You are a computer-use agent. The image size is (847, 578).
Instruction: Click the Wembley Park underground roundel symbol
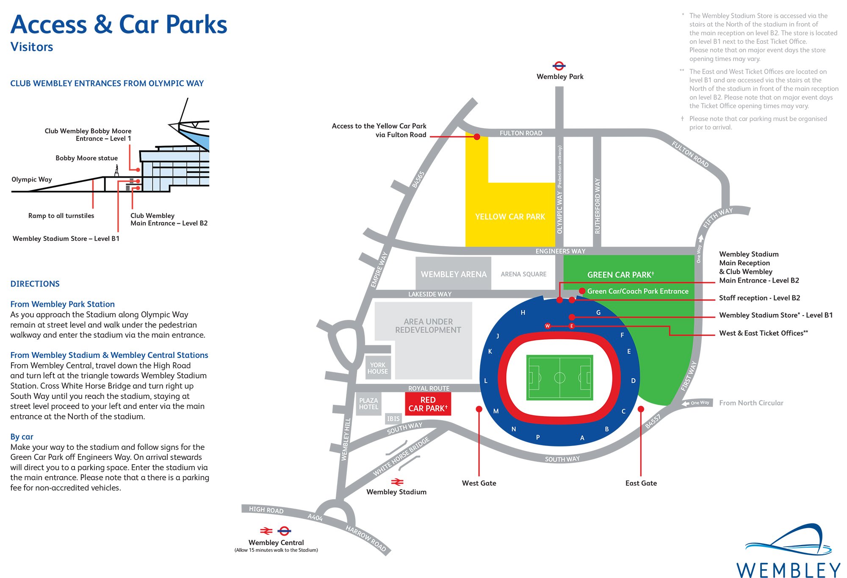point(559,66)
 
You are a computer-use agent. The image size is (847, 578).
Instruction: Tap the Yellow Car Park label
point(510,217)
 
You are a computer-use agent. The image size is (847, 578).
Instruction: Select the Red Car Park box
point(428,404)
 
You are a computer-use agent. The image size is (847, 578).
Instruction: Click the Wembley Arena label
point(454,274)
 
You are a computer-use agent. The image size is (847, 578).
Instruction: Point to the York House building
point(377,368)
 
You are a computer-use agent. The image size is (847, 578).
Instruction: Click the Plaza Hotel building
point(368,404)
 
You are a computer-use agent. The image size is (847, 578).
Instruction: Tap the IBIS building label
point(393,418)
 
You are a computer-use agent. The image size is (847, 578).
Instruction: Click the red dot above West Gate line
point(479,409)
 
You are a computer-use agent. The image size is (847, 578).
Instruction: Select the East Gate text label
point(641,483)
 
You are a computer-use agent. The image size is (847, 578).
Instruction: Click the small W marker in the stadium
point(548,326)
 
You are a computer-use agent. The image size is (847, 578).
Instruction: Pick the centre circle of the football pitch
point(559,377)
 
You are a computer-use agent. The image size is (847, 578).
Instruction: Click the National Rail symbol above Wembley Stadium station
point(397,482)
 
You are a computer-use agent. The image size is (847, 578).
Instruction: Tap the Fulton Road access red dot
point(477,137)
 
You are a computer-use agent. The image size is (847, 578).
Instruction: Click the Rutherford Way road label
point(597,206)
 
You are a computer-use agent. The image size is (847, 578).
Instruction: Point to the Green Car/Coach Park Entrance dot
point(582,291)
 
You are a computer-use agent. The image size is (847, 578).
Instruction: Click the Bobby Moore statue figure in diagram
point(116,171)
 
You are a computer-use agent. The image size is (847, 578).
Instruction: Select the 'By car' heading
point(22,437)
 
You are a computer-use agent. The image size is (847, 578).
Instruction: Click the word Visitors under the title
point(32,47)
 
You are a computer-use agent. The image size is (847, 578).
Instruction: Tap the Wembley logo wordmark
point(788,570)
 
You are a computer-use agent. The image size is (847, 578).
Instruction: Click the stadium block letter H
point(523,313)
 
